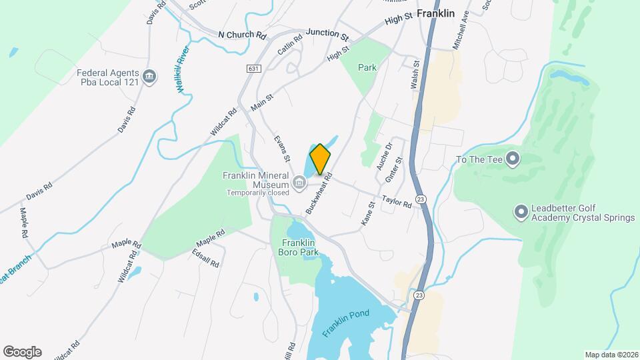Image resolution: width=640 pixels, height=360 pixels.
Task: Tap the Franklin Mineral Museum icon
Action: coord(299,181)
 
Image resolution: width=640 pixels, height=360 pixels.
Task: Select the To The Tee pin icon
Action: coord(512,159)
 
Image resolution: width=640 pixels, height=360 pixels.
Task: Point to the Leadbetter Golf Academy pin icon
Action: coord(521,212)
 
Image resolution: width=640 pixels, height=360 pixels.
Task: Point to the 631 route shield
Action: coord(253,69)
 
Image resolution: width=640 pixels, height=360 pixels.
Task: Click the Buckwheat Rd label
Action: coord(318,194)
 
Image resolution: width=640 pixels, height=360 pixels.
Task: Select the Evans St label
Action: coord(282,149)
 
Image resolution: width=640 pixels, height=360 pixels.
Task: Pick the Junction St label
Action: coord(327,33)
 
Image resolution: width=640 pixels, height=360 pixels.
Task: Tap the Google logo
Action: coord(22,352)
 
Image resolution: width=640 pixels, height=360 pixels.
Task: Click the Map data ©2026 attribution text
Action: coord(611,355)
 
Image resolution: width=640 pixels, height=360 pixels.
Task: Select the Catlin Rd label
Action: coord(290,47)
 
